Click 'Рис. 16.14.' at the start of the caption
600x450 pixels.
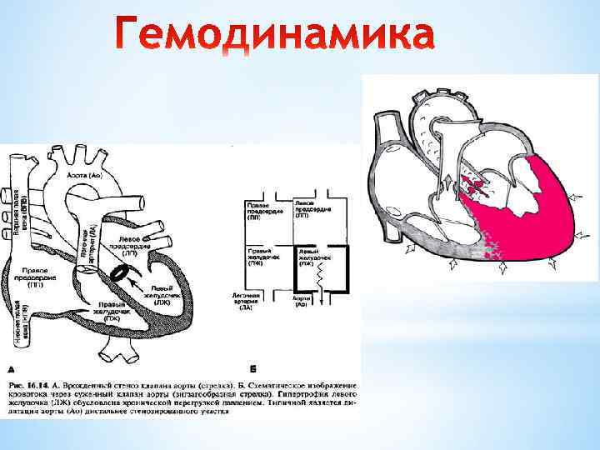point(31,386)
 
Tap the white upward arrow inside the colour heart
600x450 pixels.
point(447,184)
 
